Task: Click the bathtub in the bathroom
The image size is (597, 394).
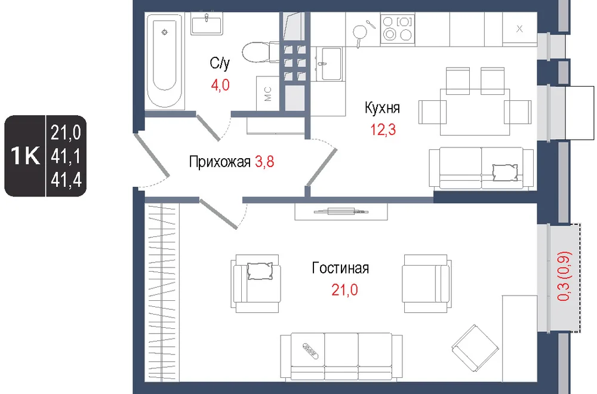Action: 165,61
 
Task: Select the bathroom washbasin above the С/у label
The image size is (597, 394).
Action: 207,25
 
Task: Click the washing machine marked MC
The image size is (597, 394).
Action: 268,94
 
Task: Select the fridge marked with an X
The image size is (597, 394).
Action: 519,29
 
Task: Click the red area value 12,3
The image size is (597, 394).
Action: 383,130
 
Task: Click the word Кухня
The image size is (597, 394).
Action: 382,107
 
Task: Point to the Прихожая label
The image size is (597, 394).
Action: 220,162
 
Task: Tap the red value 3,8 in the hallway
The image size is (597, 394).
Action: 264,162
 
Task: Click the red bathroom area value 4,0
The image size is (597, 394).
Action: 220,85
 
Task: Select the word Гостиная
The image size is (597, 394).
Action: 340,268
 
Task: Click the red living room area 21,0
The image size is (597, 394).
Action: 344,290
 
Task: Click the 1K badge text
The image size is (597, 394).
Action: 25,156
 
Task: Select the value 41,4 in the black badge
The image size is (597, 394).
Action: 66,180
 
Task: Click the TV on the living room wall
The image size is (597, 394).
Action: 341,212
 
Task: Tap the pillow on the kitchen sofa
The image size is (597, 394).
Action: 505,172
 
